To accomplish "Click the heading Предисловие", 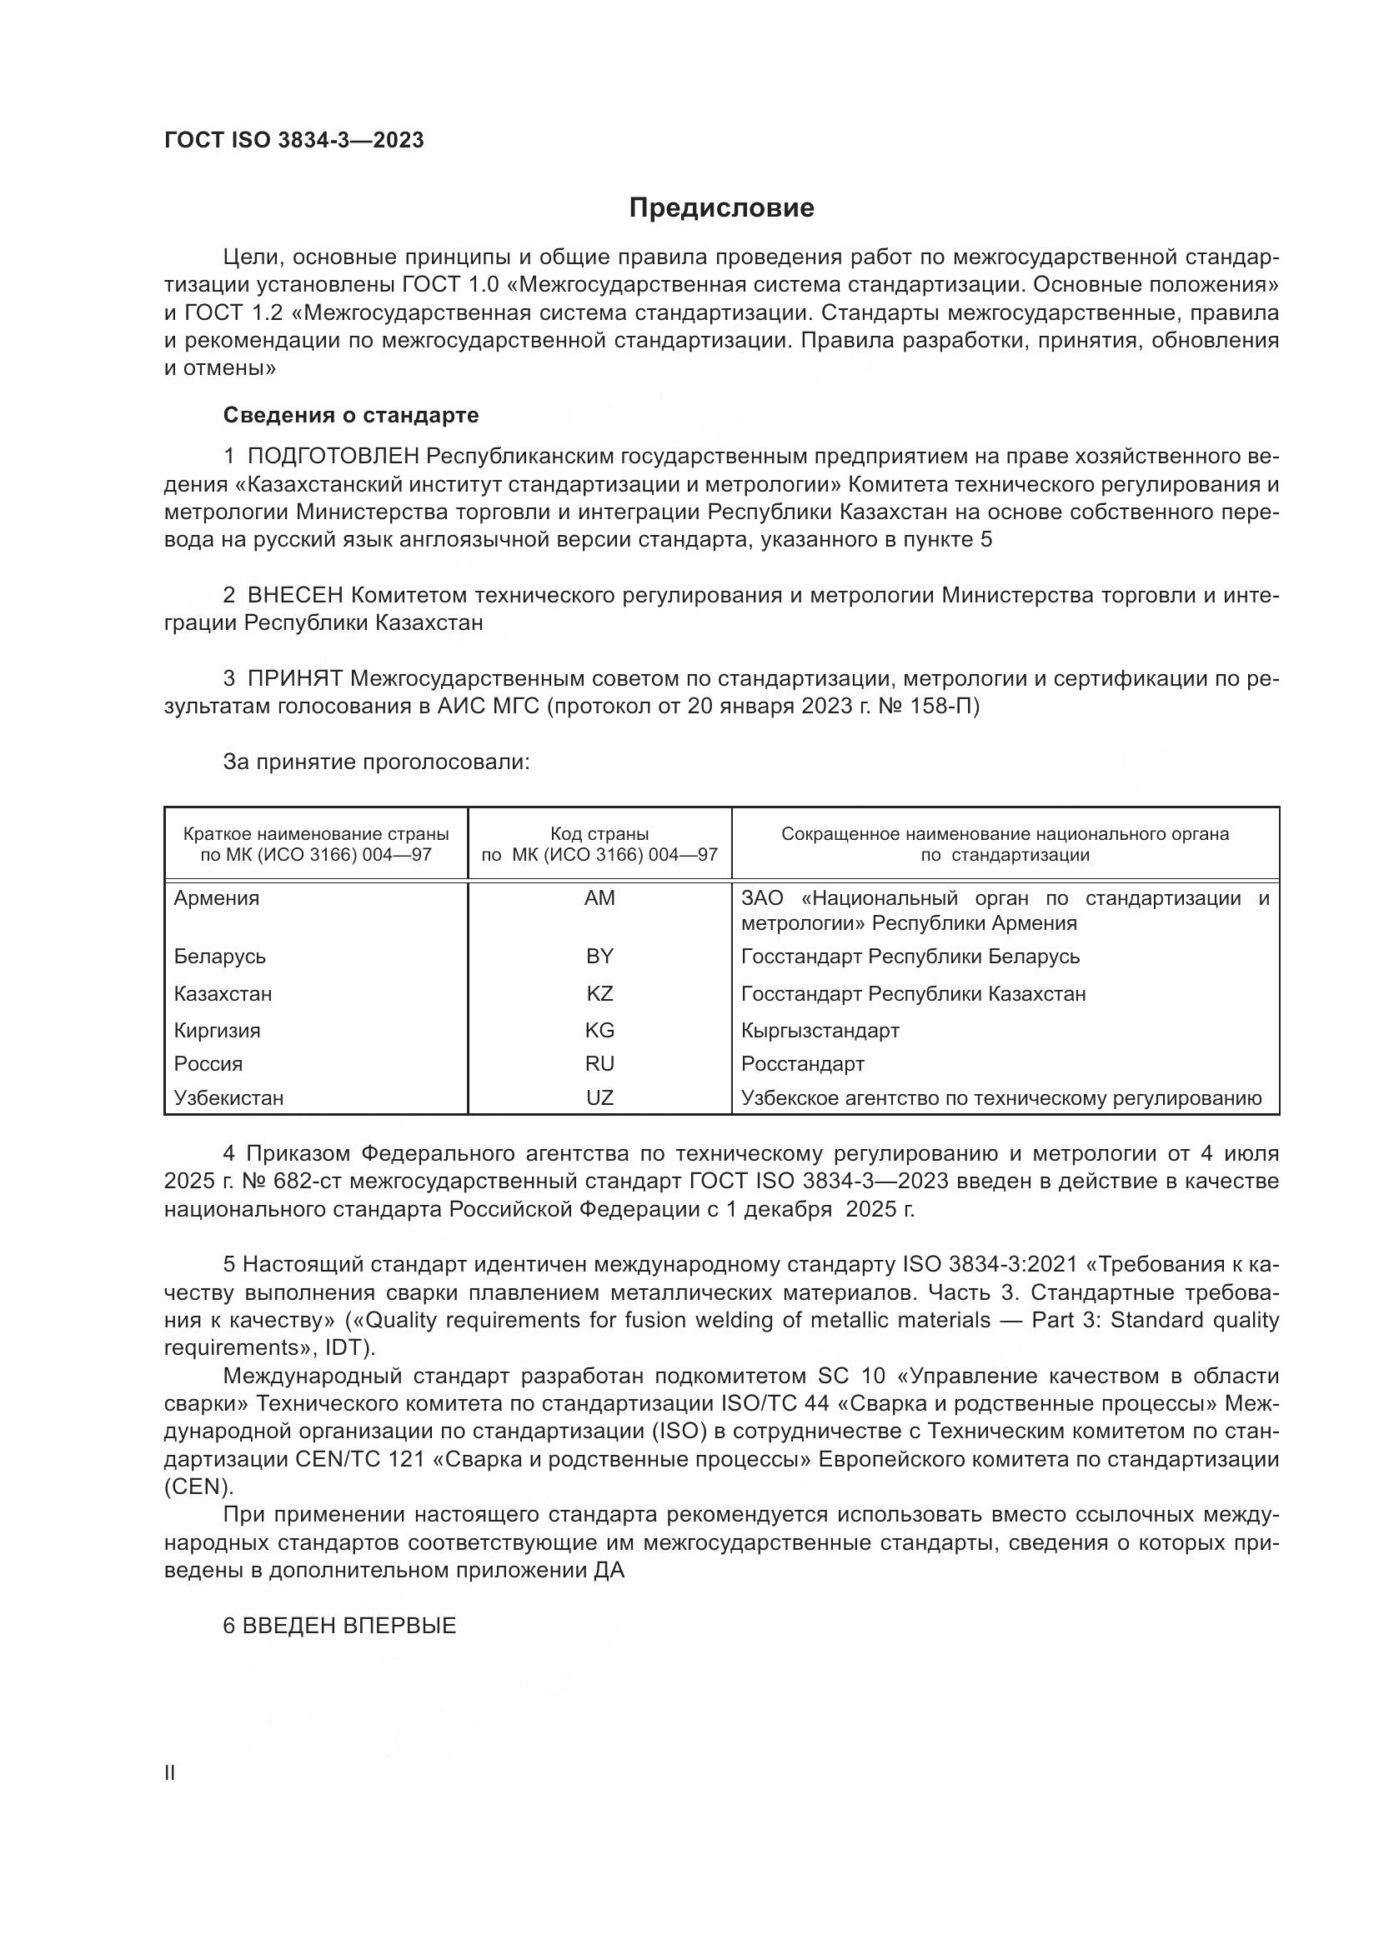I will (721, 208).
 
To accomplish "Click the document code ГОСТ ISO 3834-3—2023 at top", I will (293, 141).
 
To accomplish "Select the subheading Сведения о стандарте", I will (351, 415).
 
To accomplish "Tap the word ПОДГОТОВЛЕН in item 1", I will (333, 457).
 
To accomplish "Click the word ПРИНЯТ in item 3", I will (294, 678).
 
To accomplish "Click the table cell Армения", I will (217, 898).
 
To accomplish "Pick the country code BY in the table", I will (599, 957).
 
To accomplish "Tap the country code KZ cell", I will (599, 994).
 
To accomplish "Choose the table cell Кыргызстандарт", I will (820, 1032).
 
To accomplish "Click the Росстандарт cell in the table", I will (802, 1064).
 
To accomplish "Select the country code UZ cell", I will (599, 1098).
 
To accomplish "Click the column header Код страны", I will (599, 834).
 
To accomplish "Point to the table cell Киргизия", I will (218, 1032).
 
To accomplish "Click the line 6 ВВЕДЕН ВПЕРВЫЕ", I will (339, 1626).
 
